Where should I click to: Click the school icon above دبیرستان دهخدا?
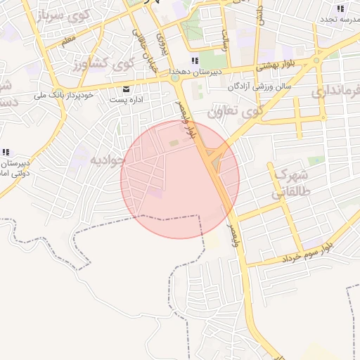point(195,60)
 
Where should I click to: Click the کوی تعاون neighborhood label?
point(235,110)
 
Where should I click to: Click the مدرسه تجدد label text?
point(340,19)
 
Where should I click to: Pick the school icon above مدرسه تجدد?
point(340,8)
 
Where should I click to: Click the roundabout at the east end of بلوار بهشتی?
point(316,60)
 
